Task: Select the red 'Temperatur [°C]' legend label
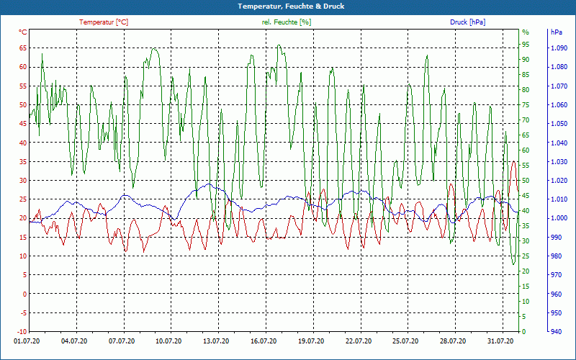[x=104, y=22]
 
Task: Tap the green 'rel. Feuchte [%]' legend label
[x=287, y=22]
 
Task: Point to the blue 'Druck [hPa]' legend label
[x=467, y=22]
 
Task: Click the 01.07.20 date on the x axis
[x=27, y=342]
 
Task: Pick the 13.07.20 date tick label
[x=217, y=342]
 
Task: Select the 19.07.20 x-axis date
[x=311, y=342]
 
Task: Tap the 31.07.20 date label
[x=500, y=342]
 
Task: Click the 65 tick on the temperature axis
[x=22, y=48]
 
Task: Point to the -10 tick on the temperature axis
[x=21, y=313]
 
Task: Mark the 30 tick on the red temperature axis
[x=22, y=181]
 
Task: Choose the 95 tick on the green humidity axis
[x=526, y=45]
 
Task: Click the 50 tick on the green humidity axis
[x=526, y=181]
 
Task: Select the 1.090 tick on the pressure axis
[x=559, y=48]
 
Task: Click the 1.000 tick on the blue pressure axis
[x=559, y=219]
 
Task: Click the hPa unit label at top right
[x=557, y=32]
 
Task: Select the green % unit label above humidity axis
[x=526, y=32]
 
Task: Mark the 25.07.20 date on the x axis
[x=405, y=342]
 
